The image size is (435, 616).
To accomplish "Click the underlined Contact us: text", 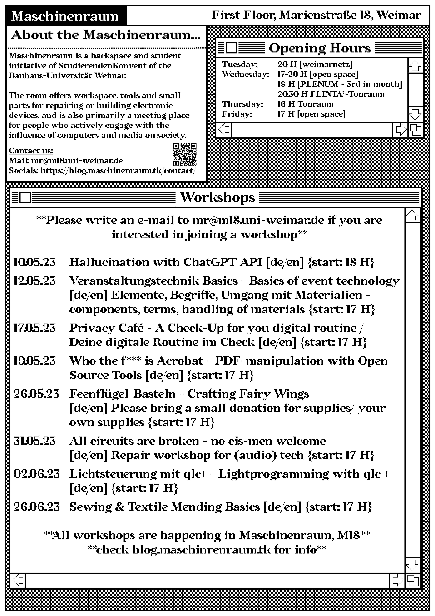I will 31,151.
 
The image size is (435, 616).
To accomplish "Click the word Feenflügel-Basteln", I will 122,394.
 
